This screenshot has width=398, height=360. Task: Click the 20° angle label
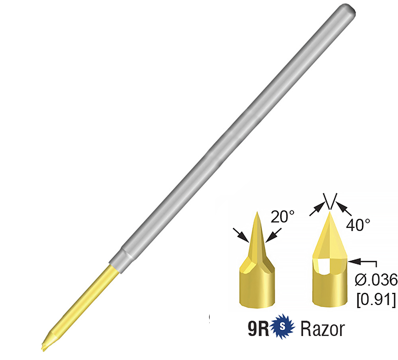click(284, 216)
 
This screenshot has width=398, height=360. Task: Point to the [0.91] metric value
click(376, 300)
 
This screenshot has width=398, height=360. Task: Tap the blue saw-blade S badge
click(282, 329)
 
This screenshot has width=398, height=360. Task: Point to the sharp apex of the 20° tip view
click(256, 212)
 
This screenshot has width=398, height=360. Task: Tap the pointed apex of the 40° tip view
click(329, 212)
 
